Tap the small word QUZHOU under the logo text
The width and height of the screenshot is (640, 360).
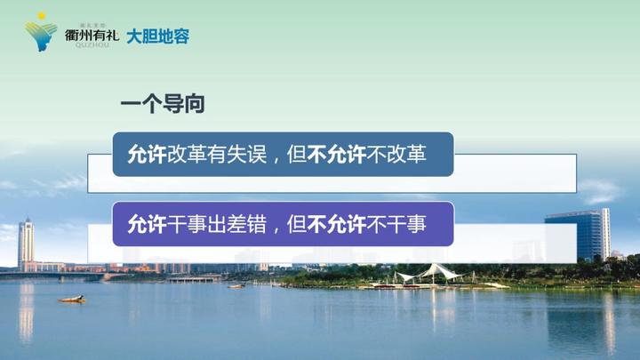tap(89, 46)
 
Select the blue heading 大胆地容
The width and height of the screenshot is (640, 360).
tap(158, 36)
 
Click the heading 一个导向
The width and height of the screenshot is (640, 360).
tap(163, 104)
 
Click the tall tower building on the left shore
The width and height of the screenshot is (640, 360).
tap(26, 242)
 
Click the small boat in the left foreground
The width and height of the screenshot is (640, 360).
tap(72, 299)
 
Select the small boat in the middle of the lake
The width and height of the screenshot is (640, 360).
tap(236, 286)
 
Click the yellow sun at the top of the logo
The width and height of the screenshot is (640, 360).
tap(40, 18)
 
